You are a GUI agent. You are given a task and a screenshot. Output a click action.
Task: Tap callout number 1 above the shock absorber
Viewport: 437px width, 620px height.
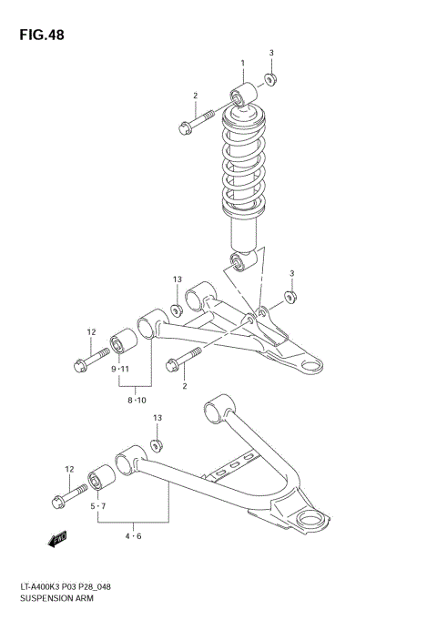click(x=243, y=63)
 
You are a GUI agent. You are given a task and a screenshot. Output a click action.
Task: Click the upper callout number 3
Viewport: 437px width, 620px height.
click(x=270, y=53)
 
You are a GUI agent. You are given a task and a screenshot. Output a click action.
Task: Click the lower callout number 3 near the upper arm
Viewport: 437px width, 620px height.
click(x=292, y=273)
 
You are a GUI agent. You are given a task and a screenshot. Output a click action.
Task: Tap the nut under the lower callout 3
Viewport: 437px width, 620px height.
click(x=289, y=297)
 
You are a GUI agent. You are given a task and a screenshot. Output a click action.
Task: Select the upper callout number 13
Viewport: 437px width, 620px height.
click(x=178, y=279)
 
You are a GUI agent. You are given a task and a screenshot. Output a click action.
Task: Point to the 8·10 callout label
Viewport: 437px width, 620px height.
click(x=137, y=400)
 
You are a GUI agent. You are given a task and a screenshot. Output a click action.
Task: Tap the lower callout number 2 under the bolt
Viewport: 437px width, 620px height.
click(x=184, y=387)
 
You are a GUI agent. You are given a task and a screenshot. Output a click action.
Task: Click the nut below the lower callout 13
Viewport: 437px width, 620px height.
click(x=156, y=444)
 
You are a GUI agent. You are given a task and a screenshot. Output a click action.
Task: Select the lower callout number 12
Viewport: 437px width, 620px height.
click(x=69, y=469)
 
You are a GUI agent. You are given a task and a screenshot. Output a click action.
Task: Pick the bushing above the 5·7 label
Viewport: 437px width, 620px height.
click(x=99, y=481)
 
